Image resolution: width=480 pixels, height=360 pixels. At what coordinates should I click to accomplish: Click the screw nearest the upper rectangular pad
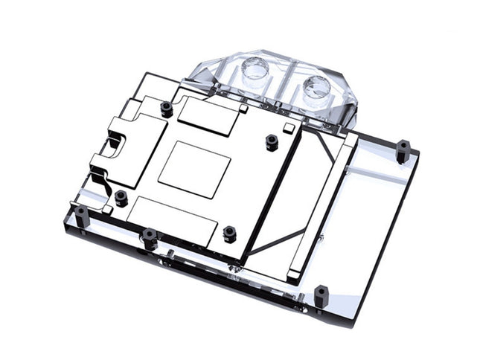(167, 109)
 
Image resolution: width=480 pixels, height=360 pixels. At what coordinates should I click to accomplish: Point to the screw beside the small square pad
(272, 141)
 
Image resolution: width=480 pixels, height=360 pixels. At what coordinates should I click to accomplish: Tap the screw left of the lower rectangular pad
(121, 198)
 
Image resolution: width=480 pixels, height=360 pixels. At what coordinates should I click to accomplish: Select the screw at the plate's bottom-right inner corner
(229, 234)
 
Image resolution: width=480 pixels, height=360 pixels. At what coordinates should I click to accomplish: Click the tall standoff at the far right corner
(402, 150)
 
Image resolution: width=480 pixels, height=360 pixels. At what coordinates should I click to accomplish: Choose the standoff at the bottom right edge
(321, 295)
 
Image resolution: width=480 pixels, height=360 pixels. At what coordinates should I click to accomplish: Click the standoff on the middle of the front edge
(149, 238)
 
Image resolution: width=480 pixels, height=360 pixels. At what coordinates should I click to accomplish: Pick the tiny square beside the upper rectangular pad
(243, 110)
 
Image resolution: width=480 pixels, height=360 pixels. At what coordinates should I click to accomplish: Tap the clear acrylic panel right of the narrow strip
(372, 216)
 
